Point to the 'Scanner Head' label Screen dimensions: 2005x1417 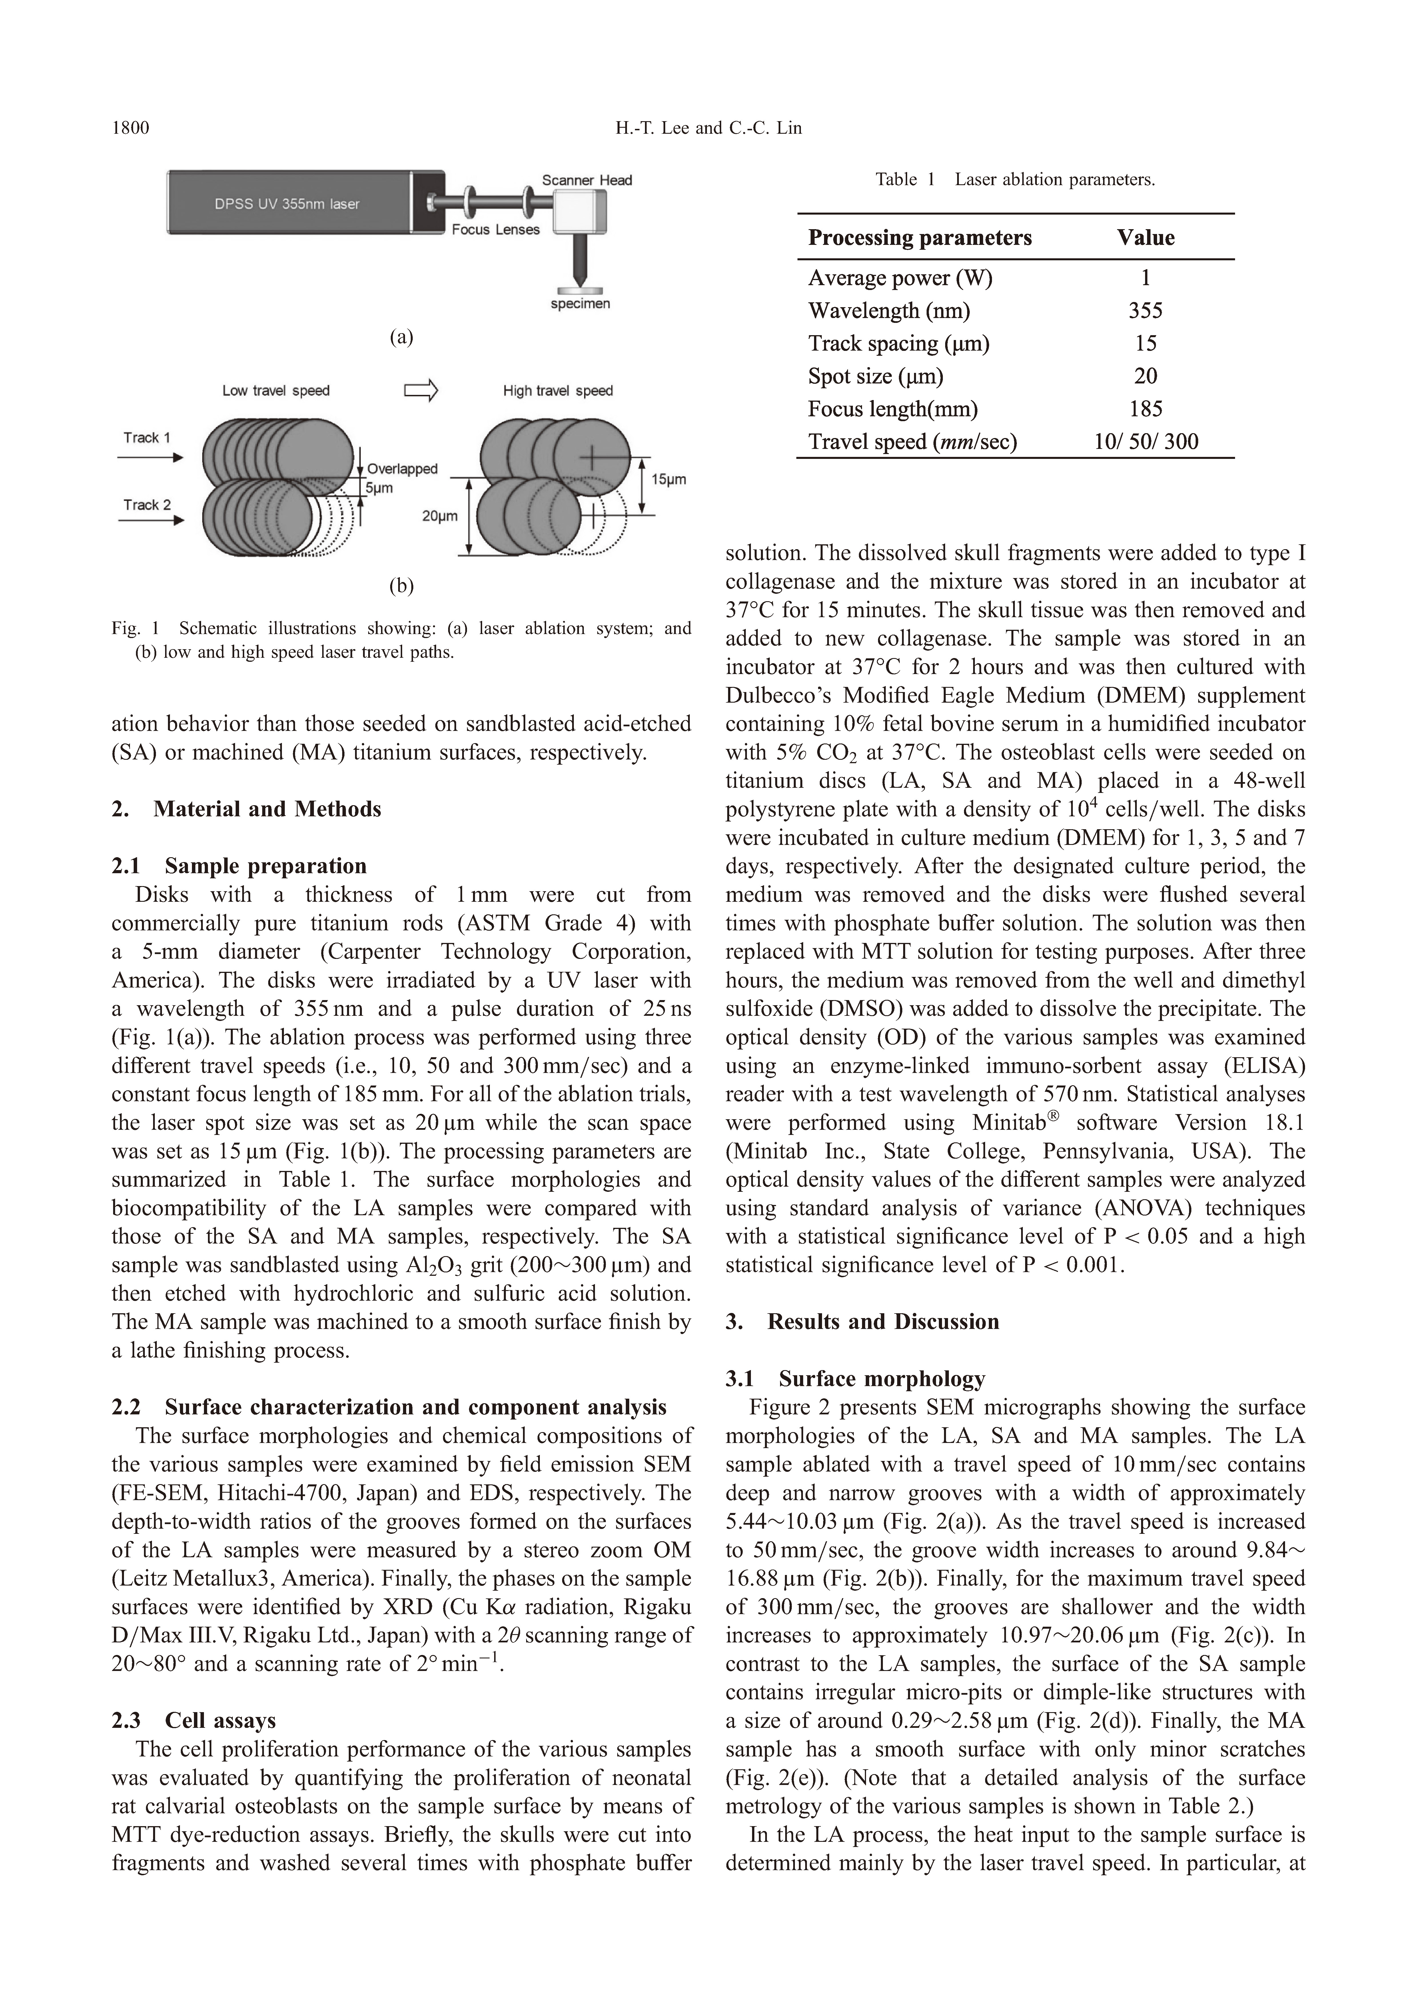587,180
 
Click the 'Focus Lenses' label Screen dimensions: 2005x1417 495,230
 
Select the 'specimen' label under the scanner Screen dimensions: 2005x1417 580,304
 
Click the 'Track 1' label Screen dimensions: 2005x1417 147,437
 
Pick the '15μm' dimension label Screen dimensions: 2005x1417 669,479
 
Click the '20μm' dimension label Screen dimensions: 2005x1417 439,516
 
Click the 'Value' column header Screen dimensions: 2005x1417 1145,237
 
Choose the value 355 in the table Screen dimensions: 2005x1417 1145,311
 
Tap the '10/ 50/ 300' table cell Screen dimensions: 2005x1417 1145,442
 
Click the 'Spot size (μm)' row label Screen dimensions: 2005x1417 876,376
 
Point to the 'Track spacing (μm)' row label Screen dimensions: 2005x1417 898,343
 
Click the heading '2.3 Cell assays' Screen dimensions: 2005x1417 194,1720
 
